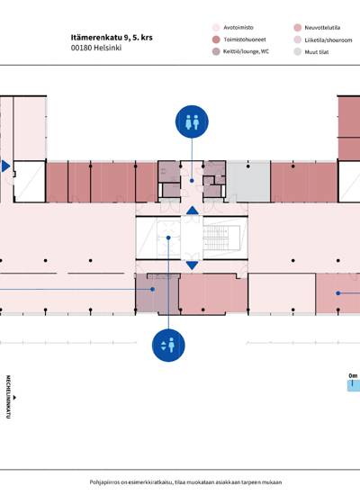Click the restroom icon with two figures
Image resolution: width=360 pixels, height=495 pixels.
pyautogui.click(x=192, y=121)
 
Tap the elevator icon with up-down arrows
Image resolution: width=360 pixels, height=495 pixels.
pyautogui.click(x=168, y=345)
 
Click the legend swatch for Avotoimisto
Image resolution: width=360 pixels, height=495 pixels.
pyautogui.click(x=216, y=28)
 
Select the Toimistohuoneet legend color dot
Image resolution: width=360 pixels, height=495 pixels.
pyautogui.click(x=216, y=40)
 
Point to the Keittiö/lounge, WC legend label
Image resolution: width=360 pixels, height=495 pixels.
pyautogui.click(x=246, y=51)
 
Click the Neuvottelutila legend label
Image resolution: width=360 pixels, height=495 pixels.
pyautogui.click(x=322, y=28)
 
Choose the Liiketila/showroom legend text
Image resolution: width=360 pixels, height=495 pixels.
pyautogui.click(x=328, y=40)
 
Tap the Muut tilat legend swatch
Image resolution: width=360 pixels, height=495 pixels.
pyautogui.click(x=298, y=52)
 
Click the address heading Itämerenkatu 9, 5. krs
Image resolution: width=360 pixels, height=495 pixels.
pyautogui.click(x=112, y=37)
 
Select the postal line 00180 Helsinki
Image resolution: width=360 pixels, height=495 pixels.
pyautogui.click(x=96, y=48)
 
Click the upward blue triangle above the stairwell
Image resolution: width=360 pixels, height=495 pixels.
pyautogui.click(x=193, y=211)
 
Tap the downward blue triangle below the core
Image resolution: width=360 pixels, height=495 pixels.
pyautogui.click(x=193, y=265)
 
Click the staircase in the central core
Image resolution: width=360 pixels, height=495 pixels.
pyautogui.click(x=217, y=237)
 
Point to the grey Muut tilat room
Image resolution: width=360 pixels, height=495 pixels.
pyautogui.click(x=248, y=182)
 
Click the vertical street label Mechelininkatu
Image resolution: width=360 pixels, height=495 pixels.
pyautogui.click(x=8, y=397)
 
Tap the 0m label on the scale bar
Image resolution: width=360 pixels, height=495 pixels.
pyautogui.click(x=353, y=375)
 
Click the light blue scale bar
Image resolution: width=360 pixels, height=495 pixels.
pyautogui.click(x=354, y=385)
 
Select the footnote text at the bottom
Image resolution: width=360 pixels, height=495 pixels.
pyautogui.click(x=185, y=482)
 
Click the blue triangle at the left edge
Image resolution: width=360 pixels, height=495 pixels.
pyautogui.click(x=5, y=166)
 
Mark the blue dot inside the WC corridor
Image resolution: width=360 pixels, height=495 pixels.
pyautogui.click(x=192, y=181)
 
